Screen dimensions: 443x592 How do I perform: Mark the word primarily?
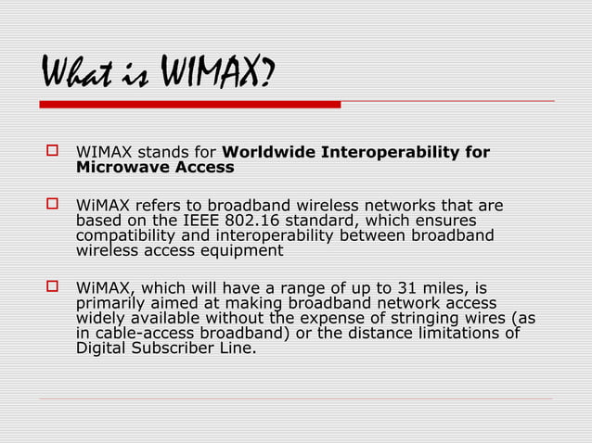(x=112, y=303)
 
